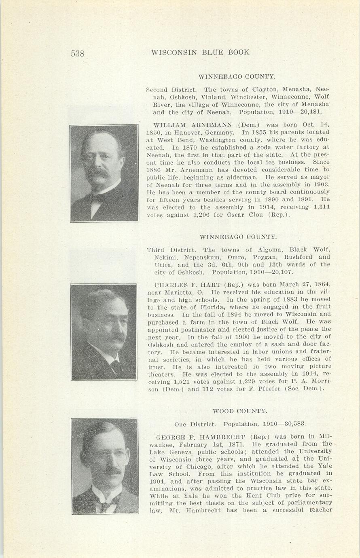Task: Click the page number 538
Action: [x=77, y=53]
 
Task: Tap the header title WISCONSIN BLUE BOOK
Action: [x=200, y=52]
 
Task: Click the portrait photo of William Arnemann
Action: [x=104, y=173]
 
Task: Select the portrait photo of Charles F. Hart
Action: [x=104, y=332]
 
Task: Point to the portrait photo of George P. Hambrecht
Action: [x=105, y=466]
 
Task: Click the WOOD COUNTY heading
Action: [x=239, y=411]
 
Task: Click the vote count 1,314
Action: [x=322, y=207]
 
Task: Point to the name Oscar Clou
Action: [x=253, y=215]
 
